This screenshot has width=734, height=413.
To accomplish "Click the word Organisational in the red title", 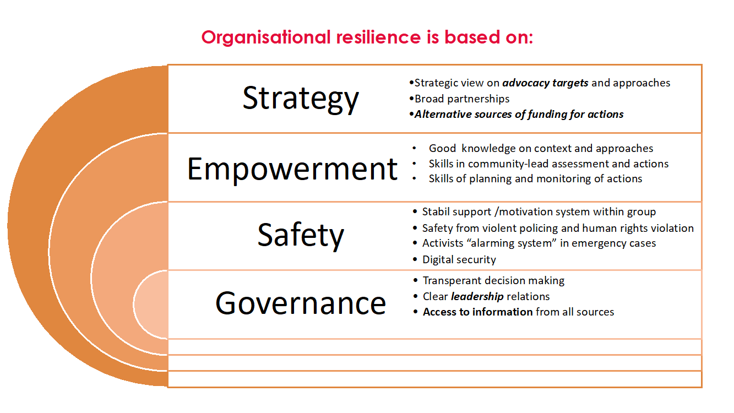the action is point(266,37).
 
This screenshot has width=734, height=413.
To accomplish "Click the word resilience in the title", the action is point(378,37).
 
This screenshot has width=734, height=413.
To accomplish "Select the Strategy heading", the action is point(301,99).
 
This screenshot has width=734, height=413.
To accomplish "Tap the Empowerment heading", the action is point(292,170).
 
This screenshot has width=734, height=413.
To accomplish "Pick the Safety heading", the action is point(301,235).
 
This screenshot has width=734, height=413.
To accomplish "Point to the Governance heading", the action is point(301,303).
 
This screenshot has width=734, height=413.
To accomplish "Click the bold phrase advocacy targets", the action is point(545,83).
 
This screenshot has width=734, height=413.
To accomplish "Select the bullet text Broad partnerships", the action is point(462,99).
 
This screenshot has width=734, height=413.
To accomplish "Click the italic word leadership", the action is point(477,297).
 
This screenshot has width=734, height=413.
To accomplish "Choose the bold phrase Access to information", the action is point(478,312).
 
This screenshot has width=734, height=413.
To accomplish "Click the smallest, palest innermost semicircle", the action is point(151,304).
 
